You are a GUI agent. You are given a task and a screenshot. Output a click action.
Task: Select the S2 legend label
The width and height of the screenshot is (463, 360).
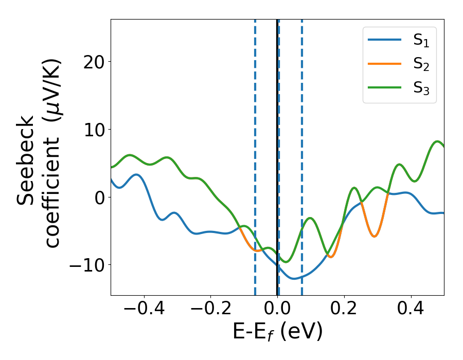click(421, 65)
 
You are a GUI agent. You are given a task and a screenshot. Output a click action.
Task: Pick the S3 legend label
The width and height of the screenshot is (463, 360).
click(421, 88)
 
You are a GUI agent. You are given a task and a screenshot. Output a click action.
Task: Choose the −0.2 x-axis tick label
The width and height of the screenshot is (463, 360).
click(210, 309)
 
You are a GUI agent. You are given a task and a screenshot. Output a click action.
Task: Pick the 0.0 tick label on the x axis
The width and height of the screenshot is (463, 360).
click(277, 309)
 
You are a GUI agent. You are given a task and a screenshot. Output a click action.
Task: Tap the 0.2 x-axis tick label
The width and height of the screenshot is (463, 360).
click(344, 309)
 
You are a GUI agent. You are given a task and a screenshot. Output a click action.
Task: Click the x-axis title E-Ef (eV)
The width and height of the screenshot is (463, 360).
click(277, 332)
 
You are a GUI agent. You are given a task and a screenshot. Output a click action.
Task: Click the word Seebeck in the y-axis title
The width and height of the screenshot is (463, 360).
click(27, 159)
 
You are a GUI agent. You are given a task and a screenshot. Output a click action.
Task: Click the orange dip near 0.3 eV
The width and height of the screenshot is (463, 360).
click(375, 236)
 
